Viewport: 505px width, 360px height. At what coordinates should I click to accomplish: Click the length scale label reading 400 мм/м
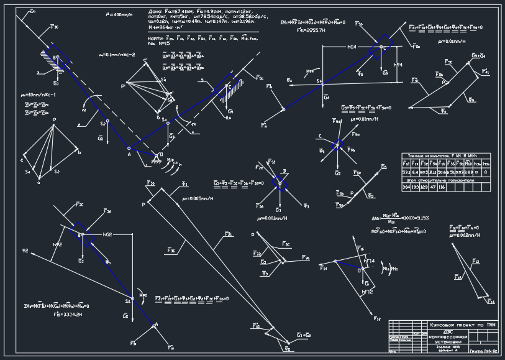tap(117, 14)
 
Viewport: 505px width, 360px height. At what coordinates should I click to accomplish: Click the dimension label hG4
tap(352, 47)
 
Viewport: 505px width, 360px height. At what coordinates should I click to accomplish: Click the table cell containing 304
tap(406, 187)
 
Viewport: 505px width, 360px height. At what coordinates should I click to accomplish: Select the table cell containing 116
tap(442, 187)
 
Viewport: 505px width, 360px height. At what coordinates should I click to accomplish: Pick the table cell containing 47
tap(433, 187)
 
